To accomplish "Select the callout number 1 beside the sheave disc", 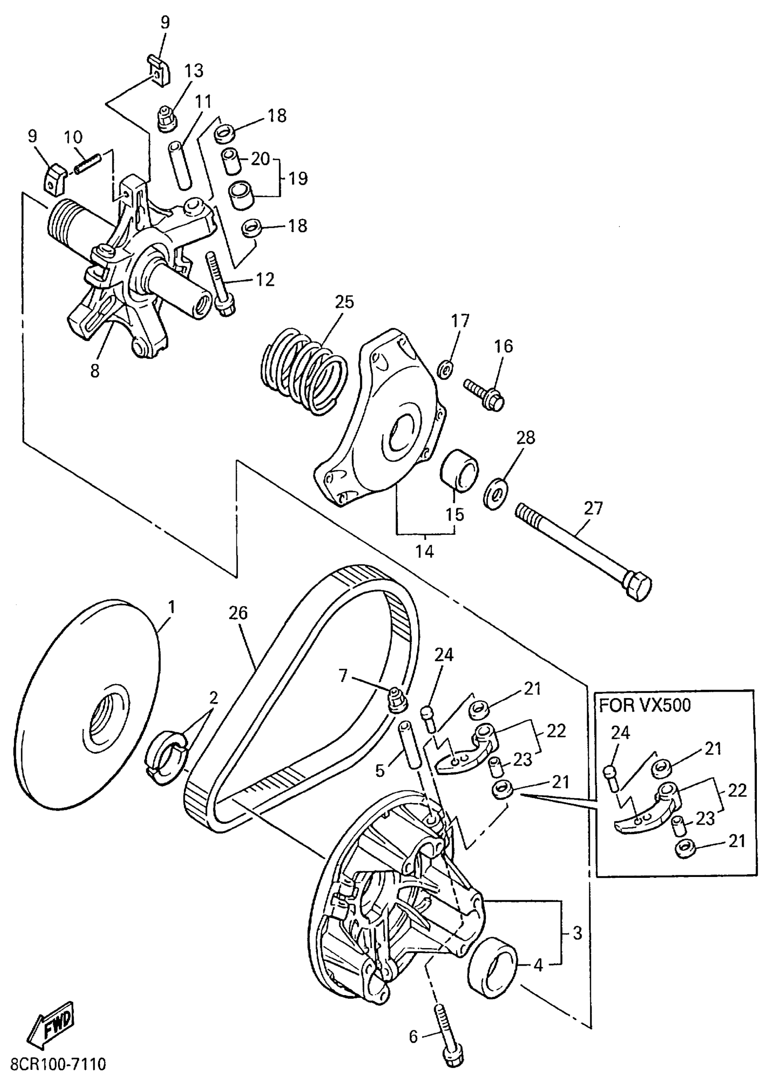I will pos(172,607).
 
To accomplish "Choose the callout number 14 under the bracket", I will pos(425,551).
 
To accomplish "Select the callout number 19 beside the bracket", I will pos(298,179).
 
